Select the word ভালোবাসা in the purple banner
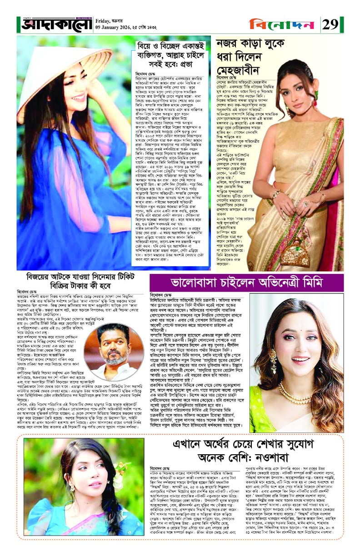[195, 282]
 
